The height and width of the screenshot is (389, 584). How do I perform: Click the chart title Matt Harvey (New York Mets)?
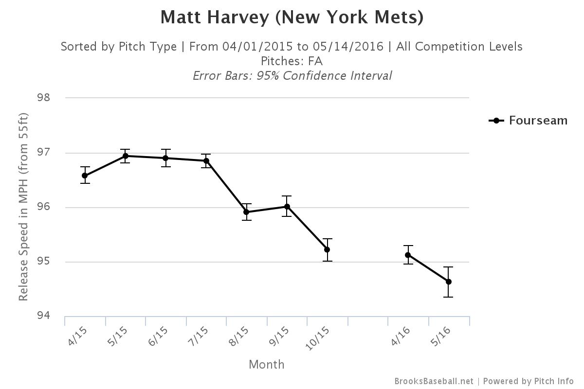point(292,18)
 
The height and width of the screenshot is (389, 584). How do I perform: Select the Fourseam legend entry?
point(528,121)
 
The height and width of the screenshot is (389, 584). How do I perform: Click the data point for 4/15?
point(85,176)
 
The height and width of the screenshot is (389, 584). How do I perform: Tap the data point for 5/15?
point(126,156)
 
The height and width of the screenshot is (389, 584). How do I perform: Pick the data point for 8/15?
point(246,212)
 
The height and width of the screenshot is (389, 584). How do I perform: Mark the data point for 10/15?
point(327,249)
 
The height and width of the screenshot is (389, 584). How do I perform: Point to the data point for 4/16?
point(408,255)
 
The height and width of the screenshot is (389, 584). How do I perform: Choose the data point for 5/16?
point(448,282)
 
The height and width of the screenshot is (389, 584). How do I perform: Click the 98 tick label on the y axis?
point(44,98)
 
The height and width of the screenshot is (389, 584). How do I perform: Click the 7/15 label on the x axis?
point(199,336)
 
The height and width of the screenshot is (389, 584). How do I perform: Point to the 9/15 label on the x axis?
point(279,336)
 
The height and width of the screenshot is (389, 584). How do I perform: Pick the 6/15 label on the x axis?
point(158,336)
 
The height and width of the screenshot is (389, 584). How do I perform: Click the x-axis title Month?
point(267,365)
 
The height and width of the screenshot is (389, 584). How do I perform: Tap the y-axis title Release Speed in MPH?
point(23,207)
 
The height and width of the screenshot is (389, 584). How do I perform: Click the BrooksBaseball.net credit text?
point(434,381)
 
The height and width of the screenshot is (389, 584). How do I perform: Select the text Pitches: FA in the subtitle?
point(292,61)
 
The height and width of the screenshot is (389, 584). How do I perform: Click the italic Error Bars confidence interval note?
point(292,76)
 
